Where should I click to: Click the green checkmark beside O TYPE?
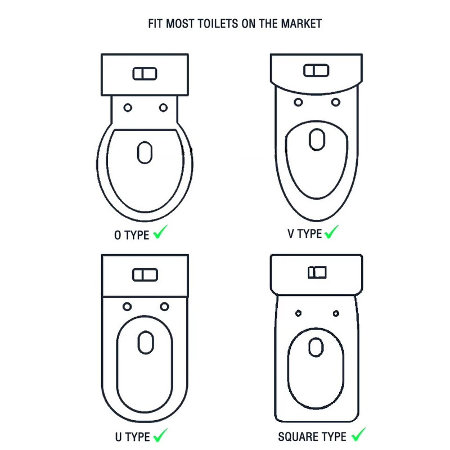point(160,232)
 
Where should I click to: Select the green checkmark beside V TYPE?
point(331,232)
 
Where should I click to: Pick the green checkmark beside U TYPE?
point(160,435)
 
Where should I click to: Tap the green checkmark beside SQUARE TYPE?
point(359,434)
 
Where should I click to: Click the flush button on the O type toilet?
point(145,74)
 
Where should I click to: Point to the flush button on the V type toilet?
point(316,71)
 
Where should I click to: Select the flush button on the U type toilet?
point(145,275)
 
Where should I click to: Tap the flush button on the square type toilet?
point(317,272)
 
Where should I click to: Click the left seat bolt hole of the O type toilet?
point(128,107)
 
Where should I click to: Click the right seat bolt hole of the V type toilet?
point(336,102)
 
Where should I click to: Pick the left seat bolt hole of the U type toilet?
point(127,307)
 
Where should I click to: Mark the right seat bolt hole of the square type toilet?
point(336,313)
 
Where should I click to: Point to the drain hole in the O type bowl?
point(145,152)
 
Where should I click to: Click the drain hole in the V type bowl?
point(317,139)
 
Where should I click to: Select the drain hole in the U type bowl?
point(146,343)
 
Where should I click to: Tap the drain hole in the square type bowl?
point(316,347)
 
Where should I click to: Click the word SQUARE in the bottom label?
point(296,437)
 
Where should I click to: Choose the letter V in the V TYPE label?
point(291,233)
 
